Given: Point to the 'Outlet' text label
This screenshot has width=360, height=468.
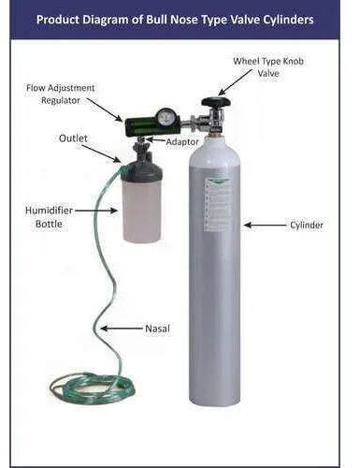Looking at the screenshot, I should point(73,139).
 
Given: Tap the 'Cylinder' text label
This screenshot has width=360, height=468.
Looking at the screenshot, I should point(306,226).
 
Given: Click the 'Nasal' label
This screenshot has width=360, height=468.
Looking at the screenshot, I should point(156,329).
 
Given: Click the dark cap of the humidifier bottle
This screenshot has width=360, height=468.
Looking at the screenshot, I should point(141,169).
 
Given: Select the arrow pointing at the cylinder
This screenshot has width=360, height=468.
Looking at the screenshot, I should point(265,226).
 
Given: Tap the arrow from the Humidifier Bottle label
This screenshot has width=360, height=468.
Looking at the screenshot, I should point(96,212).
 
